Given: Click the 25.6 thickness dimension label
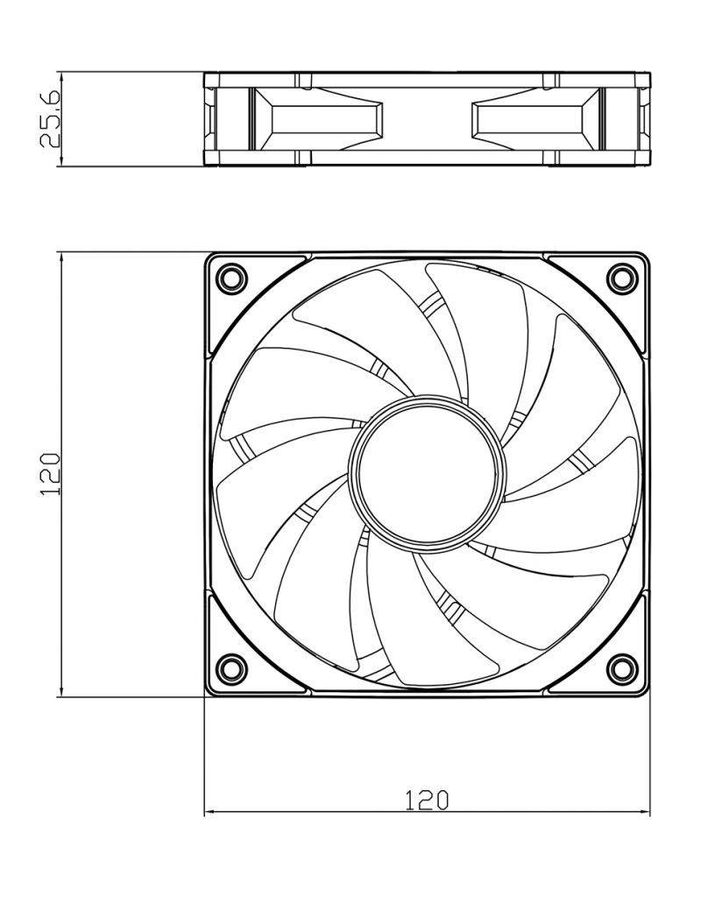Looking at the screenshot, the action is pos(50,118).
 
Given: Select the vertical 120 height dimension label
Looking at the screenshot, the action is pos(50,474).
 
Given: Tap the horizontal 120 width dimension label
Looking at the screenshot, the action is pos(427,800).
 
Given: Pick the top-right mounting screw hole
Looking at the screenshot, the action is pos(622,278).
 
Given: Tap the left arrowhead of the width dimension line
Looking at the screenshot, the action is pos(209,812).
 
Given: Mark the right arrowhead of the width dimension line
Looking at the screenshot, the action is pos(645,812).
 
